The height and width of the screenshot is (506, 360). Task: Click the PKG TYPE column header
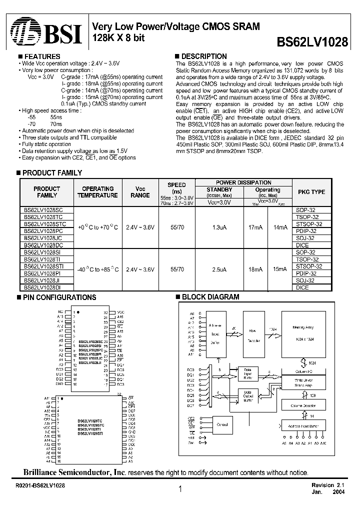[x=311, y=192]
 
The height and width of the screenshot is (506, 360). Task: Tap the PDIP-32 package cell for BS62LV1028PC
[x=306, y=231]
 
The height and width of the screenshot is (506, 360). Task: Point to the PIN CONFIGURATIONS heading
[x=59, y=297]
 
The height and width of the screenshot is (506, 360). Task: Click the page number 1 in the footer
[x=179, y=489]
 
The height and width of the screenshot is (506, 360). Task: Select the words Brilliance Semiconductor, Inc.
[x=74, y=472]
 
